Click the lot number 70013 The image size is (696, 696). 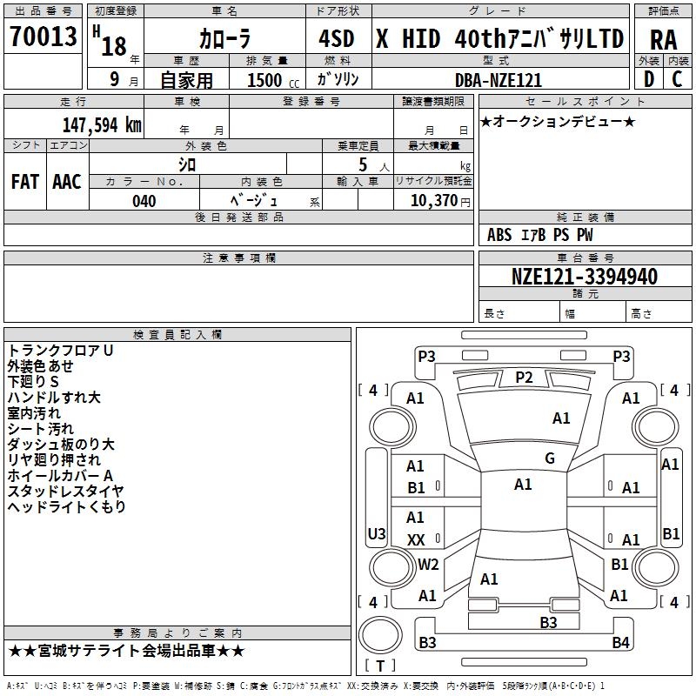tap(43, 37)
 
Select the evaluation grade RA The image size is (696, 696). tap(664, 40)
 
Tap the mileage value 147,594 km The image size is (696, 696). tap(102, 125)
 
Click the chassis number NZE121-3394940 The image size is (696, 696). tap(584, 277)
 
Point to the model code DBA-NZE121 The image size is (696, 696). tap(499, 80)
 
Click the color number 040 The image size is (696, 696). tap(144, 201)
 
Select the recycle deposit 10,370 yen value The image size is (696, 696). tap(440, 201)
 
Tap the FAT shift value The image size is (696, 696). tap(25, 182)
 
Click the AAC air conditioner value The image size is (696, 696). tap(67, 182)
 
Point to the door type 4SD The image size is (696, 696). tap(337, 38)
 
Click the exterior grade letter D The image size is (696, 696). tap(649, 79)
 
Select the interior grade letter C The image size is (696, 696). tap(677, 79)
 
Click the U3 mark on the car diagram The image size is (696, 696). tap(377, 533)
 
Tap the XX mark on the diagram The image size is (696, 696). tap(416, 539)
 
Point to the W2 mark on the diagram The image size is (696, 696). tap(428, 564)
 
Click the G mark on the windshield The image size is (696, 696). tap(550, 458)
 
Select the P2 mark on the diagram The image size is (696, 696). tap(524, 378)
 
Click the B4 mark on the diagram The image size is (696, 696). tap(620, 642)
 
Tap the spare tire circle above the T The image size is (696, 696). tap(380, 635)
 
